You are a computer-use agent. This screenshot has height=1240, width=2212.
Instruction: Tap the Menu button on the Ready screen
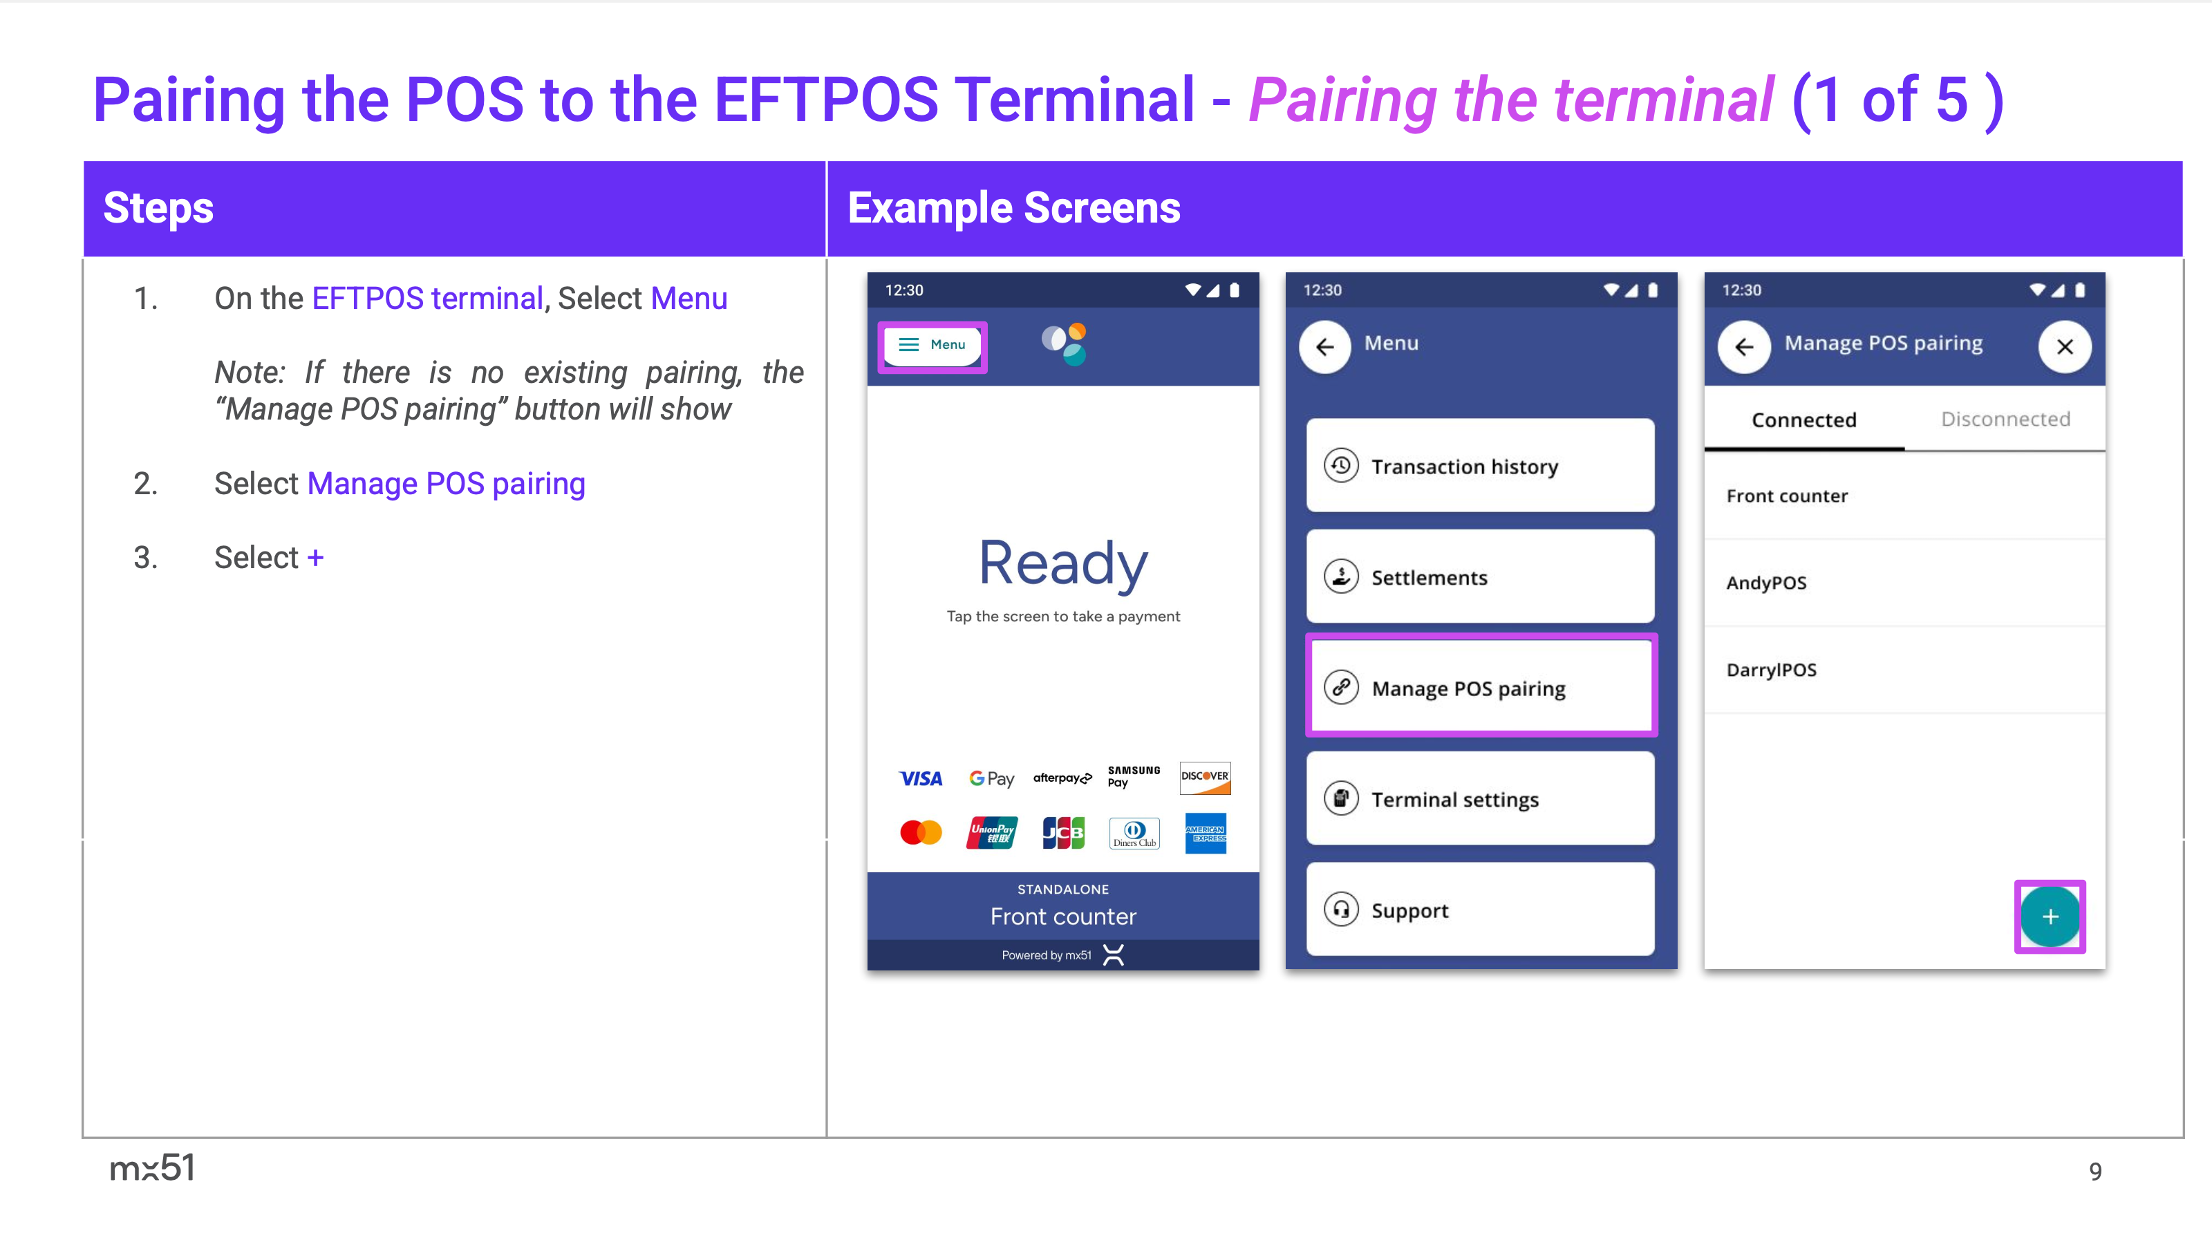pyautogui.click(x=932, y=345)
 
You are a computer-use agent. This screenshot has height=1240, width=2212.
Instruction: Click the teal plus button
pyautogui.click(x=2050, y=917)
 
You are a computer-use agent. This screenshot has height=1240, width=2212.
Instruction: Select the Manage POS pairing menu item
pyautogui.click(x=1481, y=687)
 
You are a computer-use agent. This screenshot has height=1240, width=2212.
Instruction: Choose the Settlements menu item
pyautogui.click(x=1481, y=576)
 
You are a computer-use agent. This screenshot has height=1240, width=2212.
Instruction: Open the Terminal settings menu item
pyautogui.click(x=1481, y=798)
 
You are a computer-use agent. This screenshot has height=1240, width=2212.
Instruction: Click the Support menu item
pyautogui.click(x=1481, y=910)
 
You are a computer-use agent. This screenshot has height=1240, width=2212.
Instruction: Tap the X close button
pyautogui.click(x=2065, y=346)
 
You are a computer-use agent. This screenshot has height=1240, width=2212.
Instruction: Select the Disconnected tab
pyautogui.click(x=2005, y=419)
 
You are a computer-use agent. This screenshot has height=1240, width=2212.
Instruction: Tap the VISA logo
pyautogui.click(x=921, y=779)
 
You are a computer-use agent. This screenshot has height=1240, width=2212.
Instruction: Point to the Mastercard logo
pyautogui.click(x=921, y=832)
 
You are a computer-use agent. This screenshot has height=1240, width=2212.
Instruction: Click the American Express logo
pyautogui.click(x=1206, y=833)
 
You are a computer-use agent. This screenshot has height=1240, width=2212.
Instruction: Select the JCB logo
pyautogui.click(x=1063, y=832)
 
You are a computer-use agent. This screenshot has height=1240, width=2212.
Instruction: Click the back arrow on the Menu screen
pyautogui.click(x=1325, y=346)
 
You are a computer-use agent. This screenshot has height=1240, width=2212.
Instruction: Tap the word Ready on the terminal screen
pyautogui.click(x=1063, y=563)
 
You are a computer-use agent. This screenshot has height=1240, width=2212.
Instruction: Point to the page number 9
pyautogui.click(x=2095, y=1172)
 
